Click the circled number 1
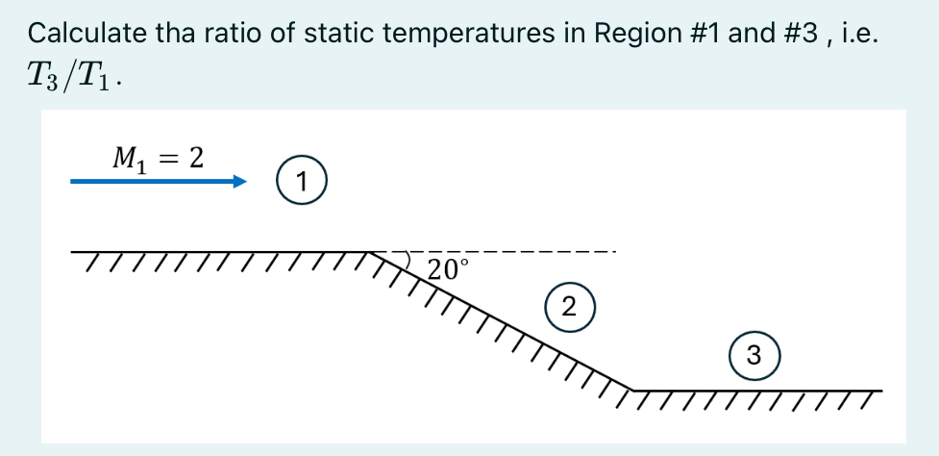pyautogui.click(x=302, y=181)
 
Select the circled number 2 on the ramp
pyautogui.click(x=568, y=307)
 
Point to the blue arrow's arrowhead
pyautogui.click(x=240, y=181)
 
